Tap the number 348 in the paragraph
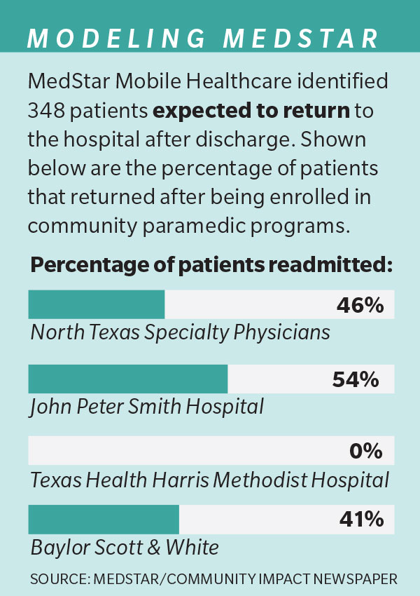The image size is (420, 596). point(48,110)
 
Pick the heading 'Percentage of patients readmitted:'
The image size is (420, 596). point(211,266)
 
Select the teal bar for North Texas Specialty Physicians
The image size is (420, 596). point(96,305)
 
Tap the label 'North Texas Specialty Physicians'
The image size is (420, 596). point(180,332)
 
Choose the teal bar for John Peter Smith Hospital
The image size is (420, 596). point(127,379)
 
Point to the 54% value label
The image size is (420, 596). point(355,379)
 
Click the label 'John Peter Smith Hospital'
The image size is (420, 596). point(146,405)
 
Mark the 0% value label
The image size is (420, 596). point(365,451)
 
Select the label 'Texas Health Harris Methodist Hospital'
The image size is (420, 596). point(209,480)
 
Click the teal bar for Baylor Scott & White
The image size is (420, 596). point(104,520)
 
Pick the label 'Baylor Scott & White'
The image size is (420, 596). point(125,547)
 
